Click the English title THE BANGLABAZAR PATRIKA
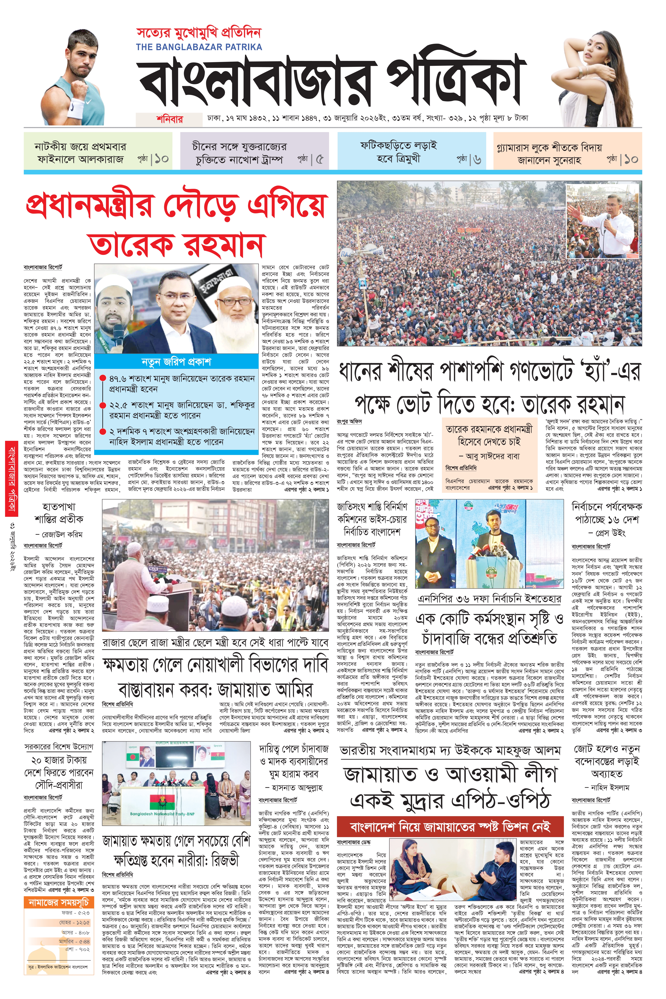pos(199,47)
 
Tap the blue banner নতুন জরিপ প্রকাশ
pos(176,362)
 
